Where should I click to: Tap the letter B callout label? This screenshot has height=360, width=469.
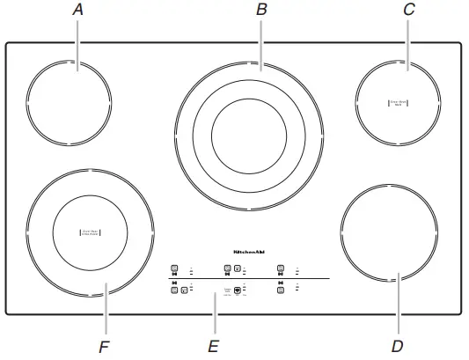coord(260,11)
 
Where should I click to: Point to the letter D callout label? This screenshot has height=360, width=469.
coord(397,347)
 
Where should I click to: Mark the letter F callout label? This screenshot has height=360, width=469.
coord(104,347)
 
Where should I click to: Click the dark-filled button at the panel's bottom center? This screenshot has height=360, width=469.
coord(238,289)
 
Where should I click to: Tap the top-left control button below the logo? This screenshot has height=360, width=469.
coord(174,268)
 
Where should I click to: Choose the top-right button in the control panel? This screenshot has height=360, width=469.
coord(281,268)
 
